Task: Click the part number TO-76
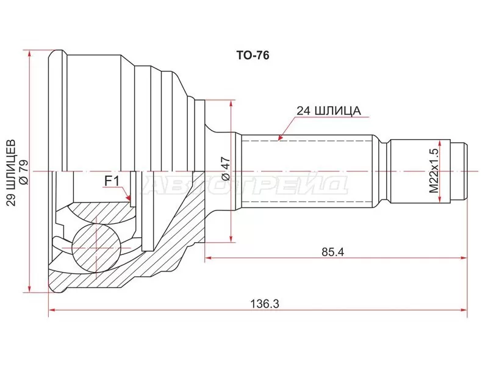[253, 56]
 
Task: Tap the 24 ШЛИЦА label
[329, 111]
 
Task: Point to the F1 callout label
[112, 181]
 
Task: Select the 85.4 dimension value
[332, 252]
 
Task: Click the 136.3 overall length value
[265, 303]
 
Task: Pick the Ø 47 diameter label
[226, 168]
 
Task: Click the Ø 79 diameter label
[24, 173]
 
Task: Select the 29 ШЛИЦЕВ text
[11, 173]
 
